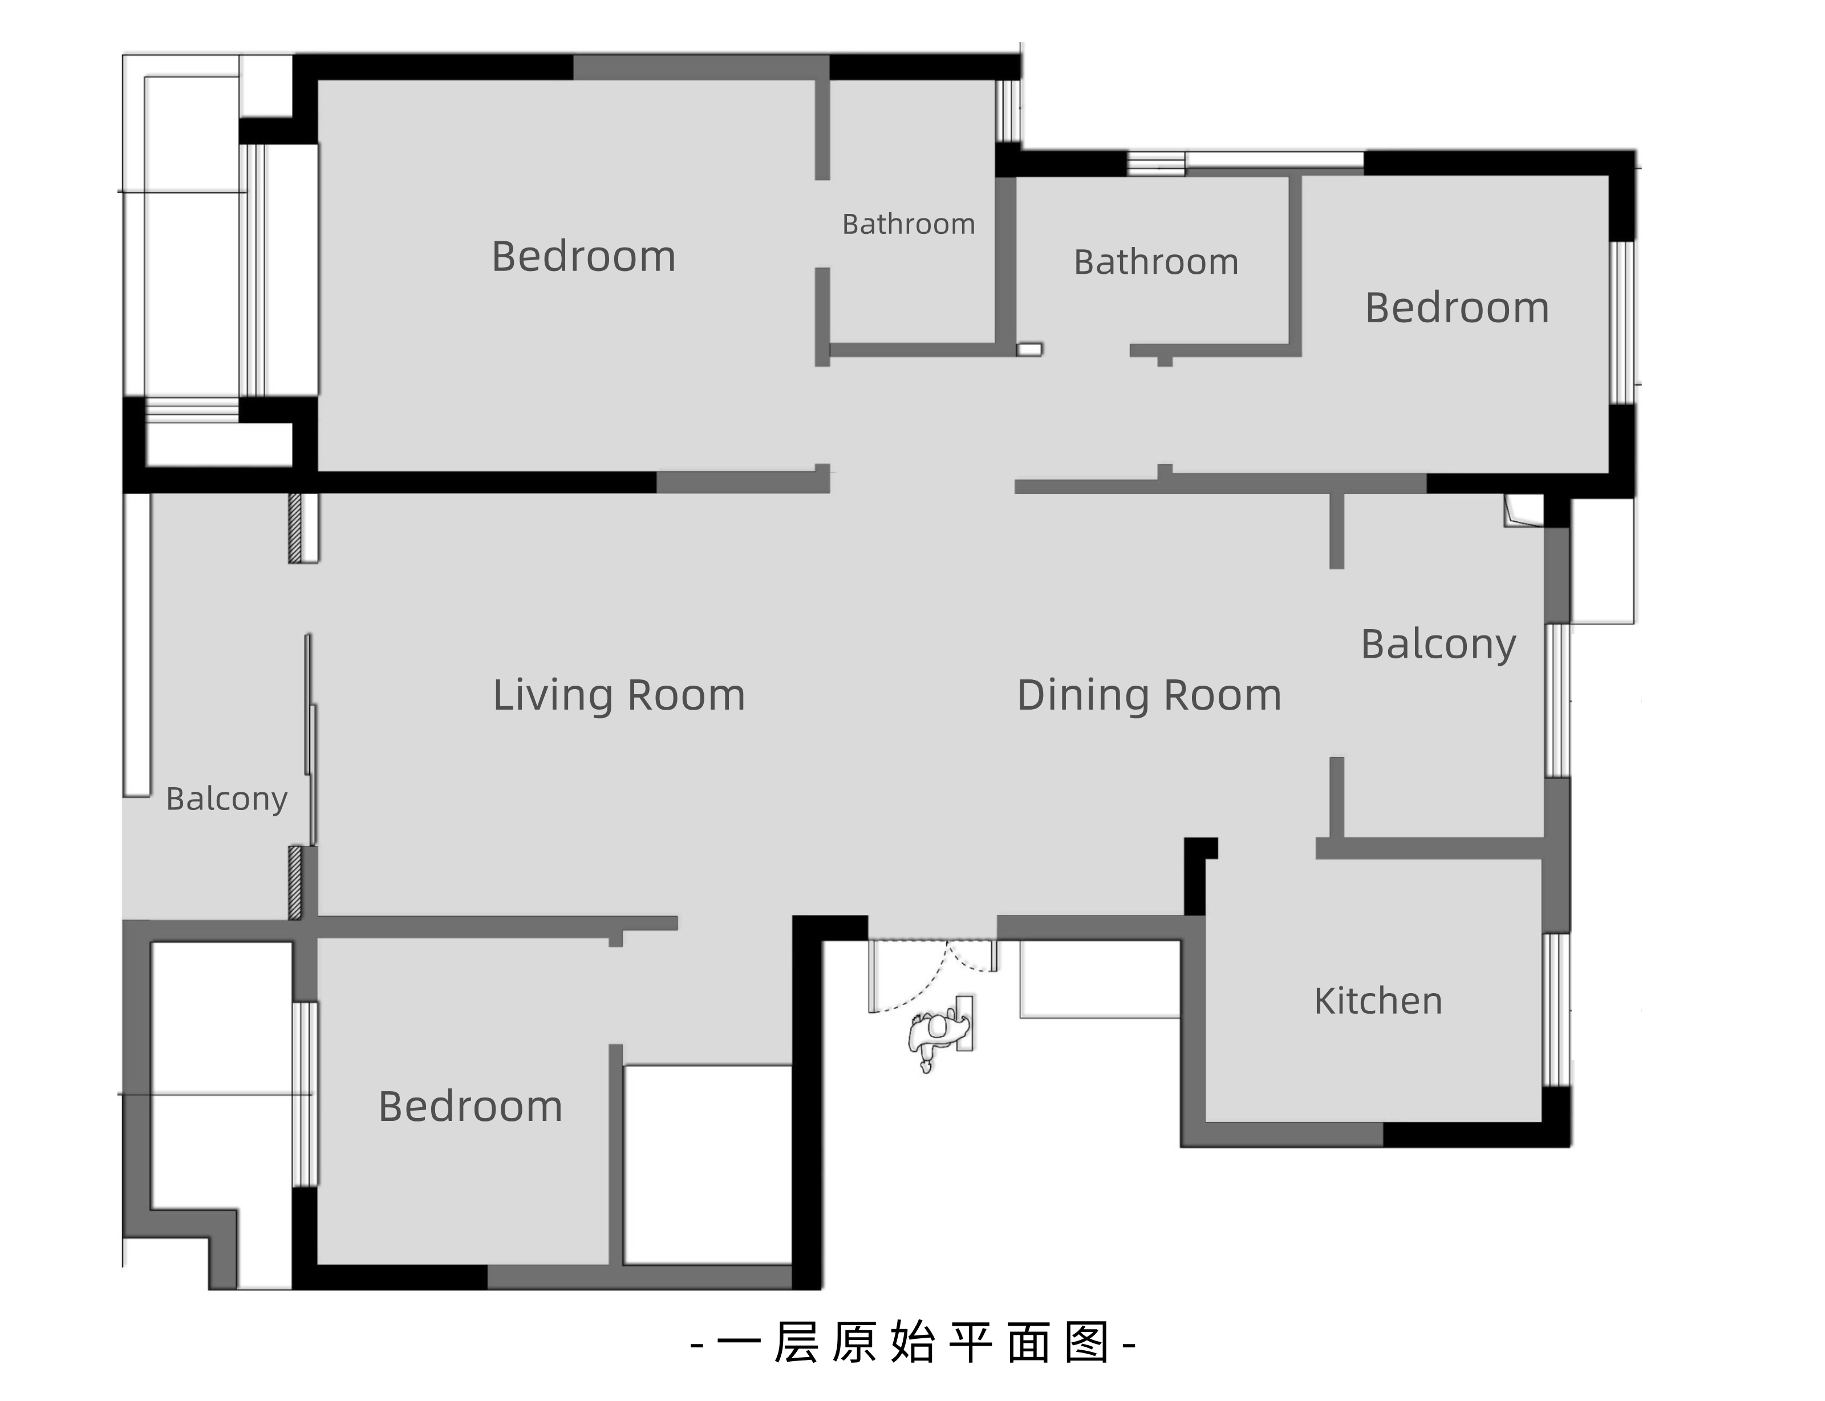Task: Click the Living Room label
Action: tap(619, 695)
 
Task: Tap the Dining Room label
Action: tap(1149, 695)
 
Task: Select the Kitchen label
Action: tap(1378, 1001)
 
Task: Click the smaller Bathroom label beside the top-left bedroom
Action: tap(908, 224)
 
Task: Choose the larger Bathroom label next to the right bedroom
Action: tap(1155, 262)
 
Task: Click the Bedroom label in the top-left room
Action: tap(583, 256)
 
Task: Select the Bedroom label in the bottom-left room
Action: tap(470, 1107)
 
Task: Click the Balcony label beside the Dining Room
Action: tap(1438, 645)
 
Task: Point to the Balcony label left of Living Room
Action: tap(227, 799)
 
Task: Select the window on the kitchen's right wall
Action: tap(1556, 1009)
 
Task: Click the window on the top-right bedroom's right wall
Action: tap(1621, 323)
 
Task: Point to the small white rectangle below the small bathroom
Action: tap(1029, 350)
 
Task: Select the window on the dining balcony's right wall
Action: tap(1558, 700)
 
